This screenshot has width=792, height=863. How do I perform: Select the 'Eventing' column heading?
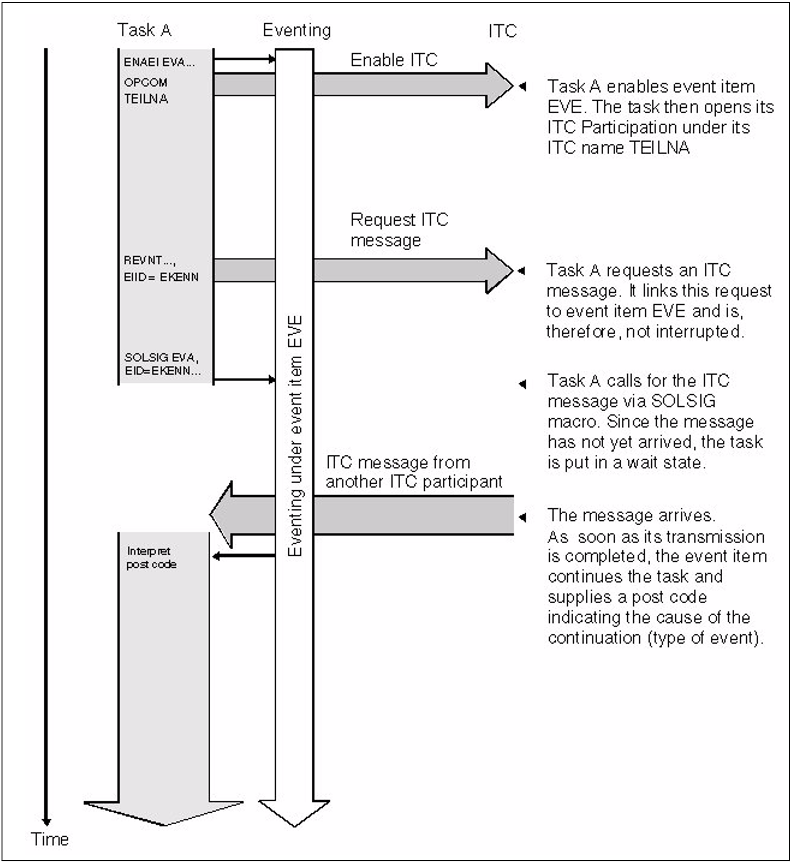pos(296,30)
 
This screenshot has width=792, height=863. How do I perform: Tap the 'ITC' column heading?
pos(502,31)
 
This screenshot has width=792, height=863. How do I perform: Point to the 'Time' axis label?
pos(50,839)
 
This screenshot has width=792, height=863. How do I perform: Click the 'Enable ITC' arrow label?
pos(394,60)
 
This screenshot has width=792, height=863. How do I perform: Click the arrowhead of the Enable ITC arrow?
pos(499,86)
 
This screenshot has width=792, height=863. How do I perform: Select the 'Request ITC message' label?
pos(399,230)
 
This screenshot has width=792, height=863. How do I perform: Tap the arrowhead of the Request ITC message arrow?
pos(499,271)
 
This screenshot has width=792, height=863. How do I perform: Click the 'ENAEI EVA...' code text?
pos(159,62)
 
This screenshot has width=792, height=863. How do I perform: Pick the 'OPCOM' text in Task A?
pos(146,82)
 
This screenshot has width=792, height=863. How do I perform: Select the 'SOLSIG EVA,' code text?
pos(161,357)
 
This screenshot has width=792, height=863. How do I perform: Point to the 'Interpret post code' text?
pos(151,558)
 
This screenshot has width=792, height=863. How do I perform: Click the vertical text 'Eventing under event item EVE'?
pos(295,436)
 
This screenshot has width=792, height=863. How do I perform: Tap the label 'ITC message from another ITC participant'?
pos(413,472)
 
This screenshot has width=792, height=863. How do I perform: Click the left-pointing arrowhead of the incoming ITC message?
pos(222,515)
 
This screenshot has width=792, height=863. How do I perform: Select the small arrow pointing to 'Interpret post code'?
pos(244,556)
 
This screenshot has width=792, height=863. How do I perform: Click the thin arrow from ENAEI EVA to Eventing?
pos(244,59)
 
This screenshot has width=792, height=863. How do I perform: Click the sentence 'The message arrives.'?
pos(631,515)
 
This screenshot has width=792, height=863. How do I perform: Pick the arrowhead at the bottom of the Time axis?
pos(46,822)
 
